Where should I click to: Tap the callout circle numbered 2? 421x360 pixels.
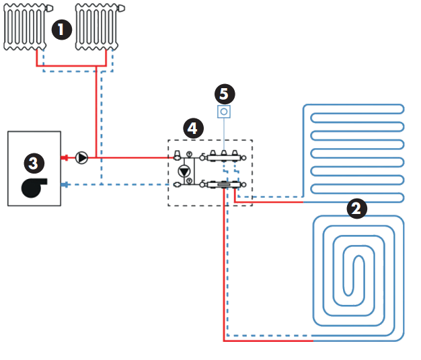click(x=357, y=209)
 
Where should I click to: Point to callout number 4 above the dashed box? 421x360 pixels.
click(x=194, y=127)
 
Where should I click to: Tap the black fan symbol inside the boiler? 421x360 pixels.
click(x=34, y=186)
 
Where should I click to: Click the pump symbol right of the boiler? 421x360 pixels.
click(x=81, y=158)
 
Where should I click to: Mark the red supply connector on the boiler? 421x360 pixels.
click(x=65, y=158)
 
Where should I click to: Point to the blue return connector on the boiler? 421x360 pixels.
click(x=65, y=184)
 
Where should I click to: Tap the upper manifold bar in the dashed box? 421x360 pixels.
click(x=223, y=158)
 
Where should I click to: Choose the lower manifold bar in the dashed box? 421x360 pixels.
click(x=223, y=184)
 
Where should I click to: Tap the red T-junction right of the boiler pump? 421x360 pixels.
click(x=100, y=158)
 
